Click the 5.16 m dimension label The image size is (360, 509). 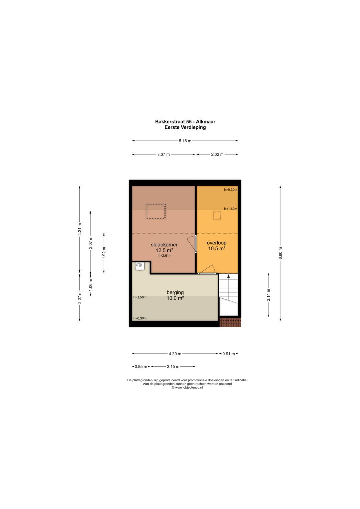pos(185,141)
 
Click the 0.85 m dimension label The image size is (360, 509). pos(141,367)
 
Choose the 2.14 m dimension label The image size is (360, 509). pos(269,295)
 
